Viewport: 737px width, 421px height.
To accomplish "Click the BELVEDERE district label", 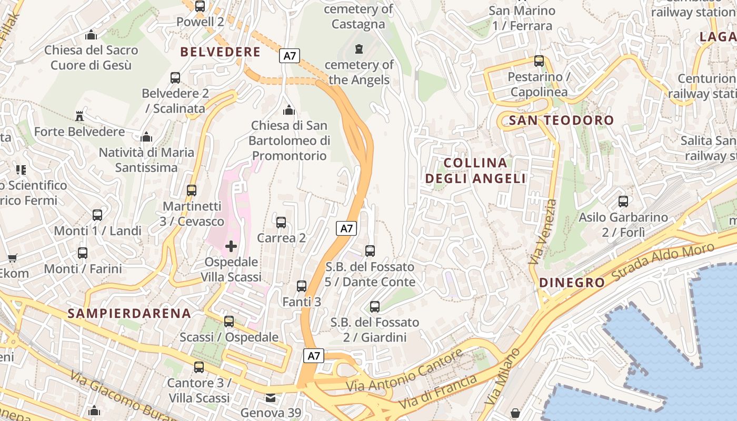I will point(220,52).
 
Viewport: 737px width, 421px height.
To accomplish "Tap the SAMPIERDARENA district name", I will point(129,313).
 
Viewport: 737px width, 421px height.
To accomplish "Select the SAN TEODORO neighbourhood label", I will point(561,120).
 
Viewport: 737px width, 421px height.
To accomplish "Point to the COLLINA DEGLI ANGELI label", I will point(475,171).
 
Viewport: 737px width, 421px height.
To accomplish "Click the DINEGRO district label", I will point(572,283).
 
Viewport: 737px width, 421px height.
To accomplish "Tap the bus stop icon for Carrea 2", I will point(281,222).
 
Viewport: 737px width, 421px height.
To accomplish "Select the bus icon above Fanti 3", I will point(302,286).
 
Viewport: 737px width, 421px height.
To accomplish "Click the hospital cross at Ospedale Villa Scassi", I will point(231,246).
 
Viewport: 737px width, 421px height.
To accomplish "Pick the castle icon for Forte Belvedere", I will point(79,116).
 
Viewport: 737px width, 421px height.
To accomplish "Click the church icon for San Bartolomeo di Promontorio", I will point(288,110).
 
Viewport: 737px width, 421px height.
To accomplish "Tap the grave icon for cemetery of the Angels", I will point(359,49).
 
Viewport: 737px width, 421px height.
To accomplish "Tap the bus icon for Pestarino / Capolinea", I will point(539,61).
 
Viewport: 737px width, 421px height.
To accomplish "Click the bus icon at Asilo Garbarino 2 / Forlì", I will point(623,201).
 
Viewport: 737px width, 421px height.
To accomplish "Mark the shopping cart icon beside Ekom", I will point(12,258).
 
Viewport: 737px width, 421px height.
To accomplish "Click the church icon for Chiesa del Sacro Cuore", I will point(91,35).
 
